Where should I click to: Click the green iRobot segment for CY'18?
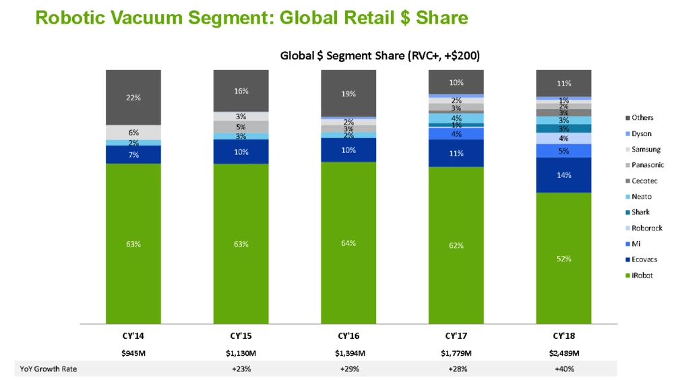pyautogui.click(x=563, y=258)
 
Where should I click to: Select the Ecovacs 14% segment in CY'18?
pyautogui.click(x=563, y=175)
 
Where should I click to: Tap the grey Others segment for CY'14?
pyautogui.click(x=133, y=98)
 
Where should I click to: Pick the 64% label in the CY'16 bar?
pyautogui.click(x=348, y=243)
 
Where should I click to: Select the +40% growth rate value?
pyautogui.click(x=563, y=369)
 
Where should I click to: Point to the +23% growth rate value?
pyautogui.click(x=241, y=369)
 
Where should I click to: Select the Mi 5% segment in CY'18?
pyautogui.click(x=563, y=150)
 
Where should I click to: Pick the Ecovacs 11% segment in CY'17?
pyautogui.click(x=456, y=153)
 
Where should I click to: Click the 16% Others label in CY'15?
pyautogui.click(x=241, y=90)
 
